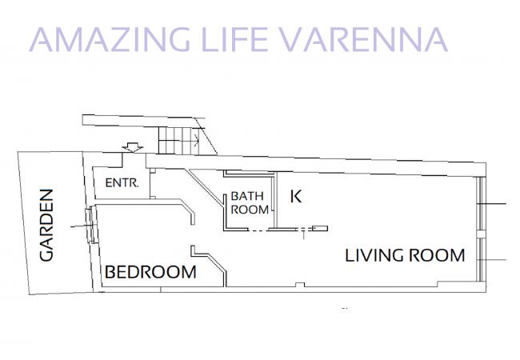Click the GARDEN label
coord(46,225)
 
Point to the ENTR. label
coord(122,182)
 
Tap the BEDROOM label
coord(150,272)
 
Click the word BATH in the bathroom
coord(247,196)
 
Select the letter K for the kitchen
coord(296,196)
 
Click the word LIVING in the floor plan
coord(374,255)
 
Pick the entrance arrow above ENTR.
coord(133,147)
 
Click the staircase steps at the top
coord(178,141)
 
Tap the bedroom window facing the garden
coord(91,225)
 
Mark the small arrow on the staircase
coord(196,141)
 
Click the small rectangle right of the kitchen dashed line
coord(320,228)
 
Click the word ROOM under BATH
coord(250,210)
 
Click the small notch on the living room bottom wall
coord(300,285)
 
